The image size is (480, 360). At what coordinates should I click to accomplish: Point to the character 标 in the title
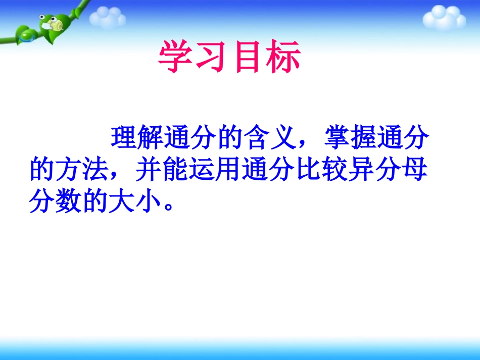point(283,57)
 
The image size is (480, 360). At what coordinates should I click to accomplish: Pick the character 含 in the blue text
point(256,137)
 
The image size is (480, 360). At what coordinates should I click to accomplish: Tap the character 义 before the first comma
point(282,137)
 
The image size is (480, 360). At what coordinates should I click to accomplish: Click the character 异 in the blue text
point(362,170)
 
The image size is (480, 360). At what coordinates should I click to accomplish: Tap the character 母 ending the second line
point(415,170)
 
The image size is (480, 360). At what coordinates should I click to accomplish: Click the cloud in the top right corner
point(444,18)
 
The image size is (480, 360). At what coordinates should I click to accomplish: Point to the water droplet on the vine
point(26,36)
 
